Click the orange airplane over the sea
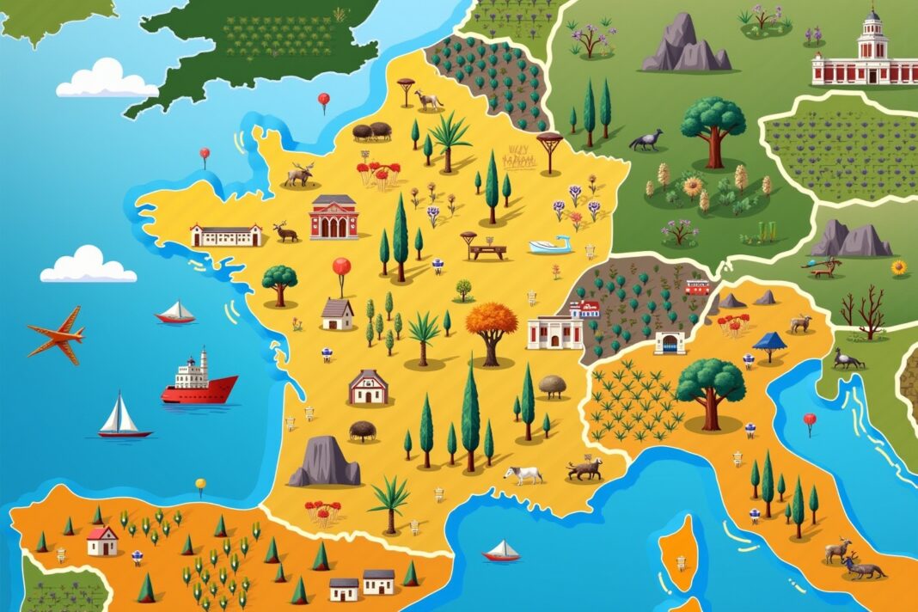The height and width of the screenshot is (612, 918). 57,334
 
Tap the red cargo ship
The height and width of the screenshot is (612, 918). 199,388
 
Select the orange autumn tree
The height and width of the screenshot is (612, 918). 492,325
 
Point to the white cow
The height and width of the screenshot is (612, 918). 523,474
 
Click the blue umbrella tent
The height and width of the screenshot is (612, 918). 769,342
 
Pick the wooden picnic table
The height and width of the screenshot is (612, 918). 487,251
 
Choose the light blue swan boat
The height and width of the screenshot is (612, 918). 551,246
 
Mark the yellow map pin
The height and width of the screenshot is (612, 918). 200,484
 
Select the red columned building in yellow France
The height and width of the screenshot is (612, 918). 334,217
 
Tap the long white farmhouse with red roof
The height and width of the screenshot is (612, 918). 226,235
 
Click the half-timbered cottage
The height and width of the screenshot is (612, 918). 370,388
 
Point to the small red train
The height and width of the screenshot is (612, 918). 698,287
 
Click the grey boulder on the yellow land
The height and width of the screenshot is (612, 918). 326,462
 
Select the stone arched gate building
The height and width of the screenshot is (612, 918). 670,343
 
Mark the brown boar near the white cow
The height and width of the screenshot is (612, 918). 585,469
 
